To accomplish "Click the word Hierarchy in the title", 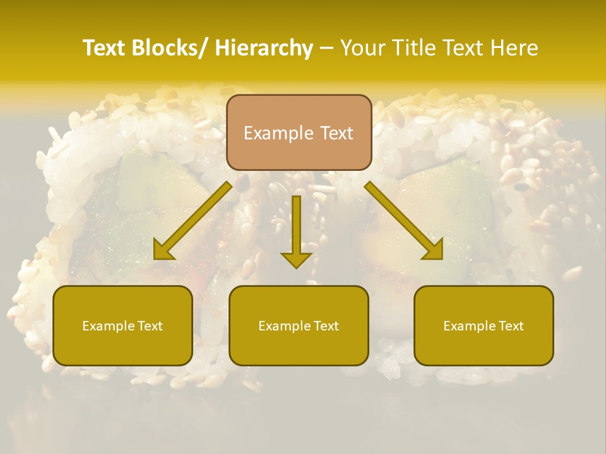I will coord(264,48).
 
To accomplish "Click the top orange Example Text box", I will coord(299,132).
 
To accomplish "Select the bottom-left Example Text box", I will coord(122,326).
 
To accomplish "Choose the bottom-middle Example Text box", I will coord(299,326).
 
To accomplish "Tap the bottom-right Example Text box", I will coord(484,326).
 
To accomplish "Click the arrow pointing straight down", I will coord(297,230).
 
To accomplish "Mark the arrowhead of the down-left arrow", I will coord(162,252).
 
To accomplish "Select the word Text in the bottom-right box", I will coord(510,326).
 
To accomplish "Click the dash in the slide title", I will coord(326,48).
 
